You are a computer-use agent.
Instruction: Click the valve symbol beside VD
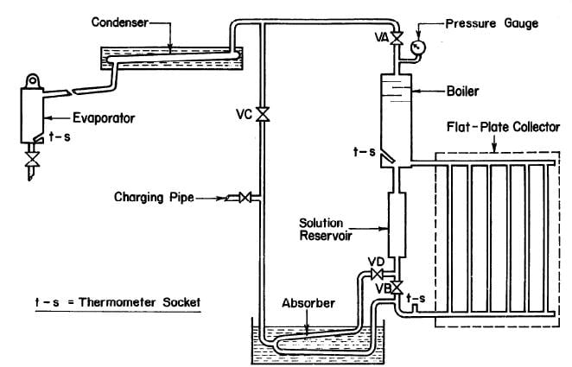[x=376, y=274]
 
